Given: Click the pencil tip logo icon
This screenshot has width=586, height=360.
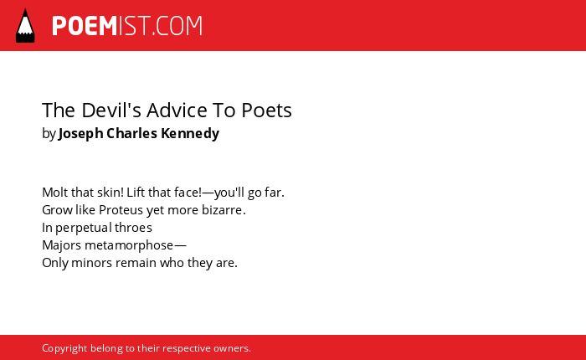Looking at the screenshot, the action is click(25, 26).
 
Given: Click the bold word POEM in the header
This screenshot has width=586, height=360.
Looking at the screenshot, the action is click(85, 26).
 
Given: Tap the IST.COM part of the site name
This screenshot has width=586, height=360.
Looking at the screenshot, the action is click(161, 26).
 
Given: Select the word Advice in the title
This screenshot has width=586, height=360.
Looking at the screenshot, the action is click(177, 111).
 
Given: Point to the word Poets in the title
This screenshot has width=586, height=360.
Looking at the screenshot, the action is click(266, 111).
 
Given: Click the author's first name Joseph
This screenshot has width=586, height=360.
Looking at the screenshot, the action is click(80, 134).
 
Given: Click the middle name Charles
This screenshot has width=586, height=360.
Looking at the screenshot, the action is click(132, 133).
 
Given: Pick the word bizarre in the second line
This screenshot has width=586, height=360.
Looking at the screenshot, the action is click(222, 210).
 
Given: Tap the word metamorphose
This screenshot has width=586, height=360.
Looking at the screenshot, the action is click(129, 245).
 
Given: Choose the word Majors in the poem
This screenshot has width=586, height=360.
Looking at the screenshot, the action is click(62, 245).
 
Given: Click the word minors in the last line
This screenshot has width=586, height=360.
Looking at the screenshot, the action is click(91, 263).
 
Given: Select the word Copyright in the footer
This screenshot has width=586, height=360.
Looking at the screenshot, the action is click(64, 348).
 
